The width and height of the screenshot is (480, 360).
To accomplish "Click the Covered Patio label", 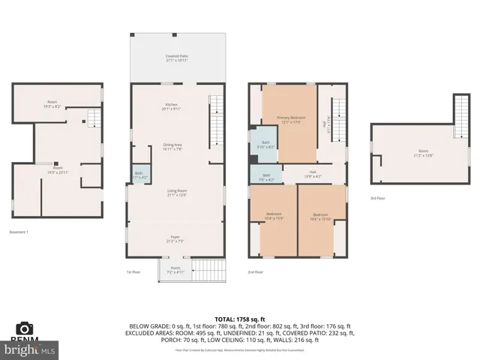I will pos(177,58).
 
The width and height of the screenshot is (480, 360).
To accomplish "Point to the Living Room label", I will pos(177,193).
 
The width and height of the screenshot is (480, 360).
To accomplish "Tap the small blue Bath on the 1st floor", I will pos(139,175).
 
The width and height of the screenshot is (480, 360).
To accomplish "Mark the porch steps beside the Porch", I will pos(210,268).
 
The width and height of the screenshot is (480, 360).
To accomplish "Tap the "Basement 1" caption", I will pos(19,232).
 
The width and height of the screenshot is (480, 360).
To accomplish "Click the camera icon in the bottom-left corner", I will pos(25,328).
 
